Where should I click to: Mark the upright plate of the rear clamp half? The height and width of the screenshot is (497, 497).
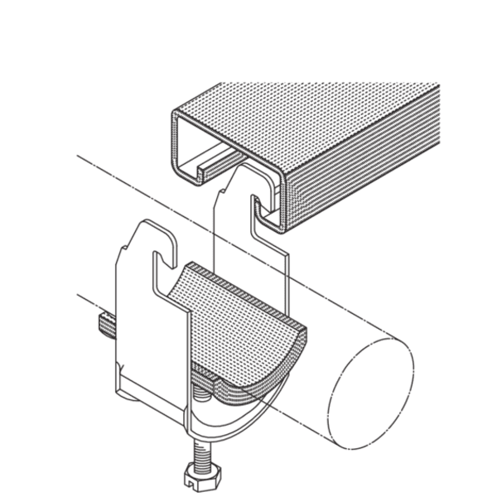pyautogui.click(x=248, y=240)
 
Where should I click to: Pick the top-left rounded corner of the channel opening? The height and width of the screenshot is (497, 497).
pyautogui.click(x=176, y=116)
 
